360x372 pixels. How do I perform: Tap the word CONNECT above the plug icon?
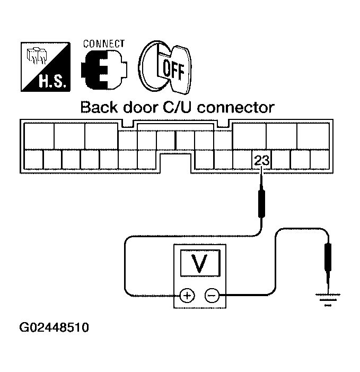click(x=103, y=44)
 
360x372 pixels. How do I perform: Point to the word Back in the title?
click(x=99, y=108)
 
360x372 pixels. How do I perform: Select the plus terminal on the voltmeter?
click(x=187, y=296)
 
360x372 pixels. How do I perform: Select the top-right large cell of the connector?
click(x=312, y=136)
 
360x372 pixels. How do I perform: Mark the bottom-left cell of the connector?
click(x=33, y=159)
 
